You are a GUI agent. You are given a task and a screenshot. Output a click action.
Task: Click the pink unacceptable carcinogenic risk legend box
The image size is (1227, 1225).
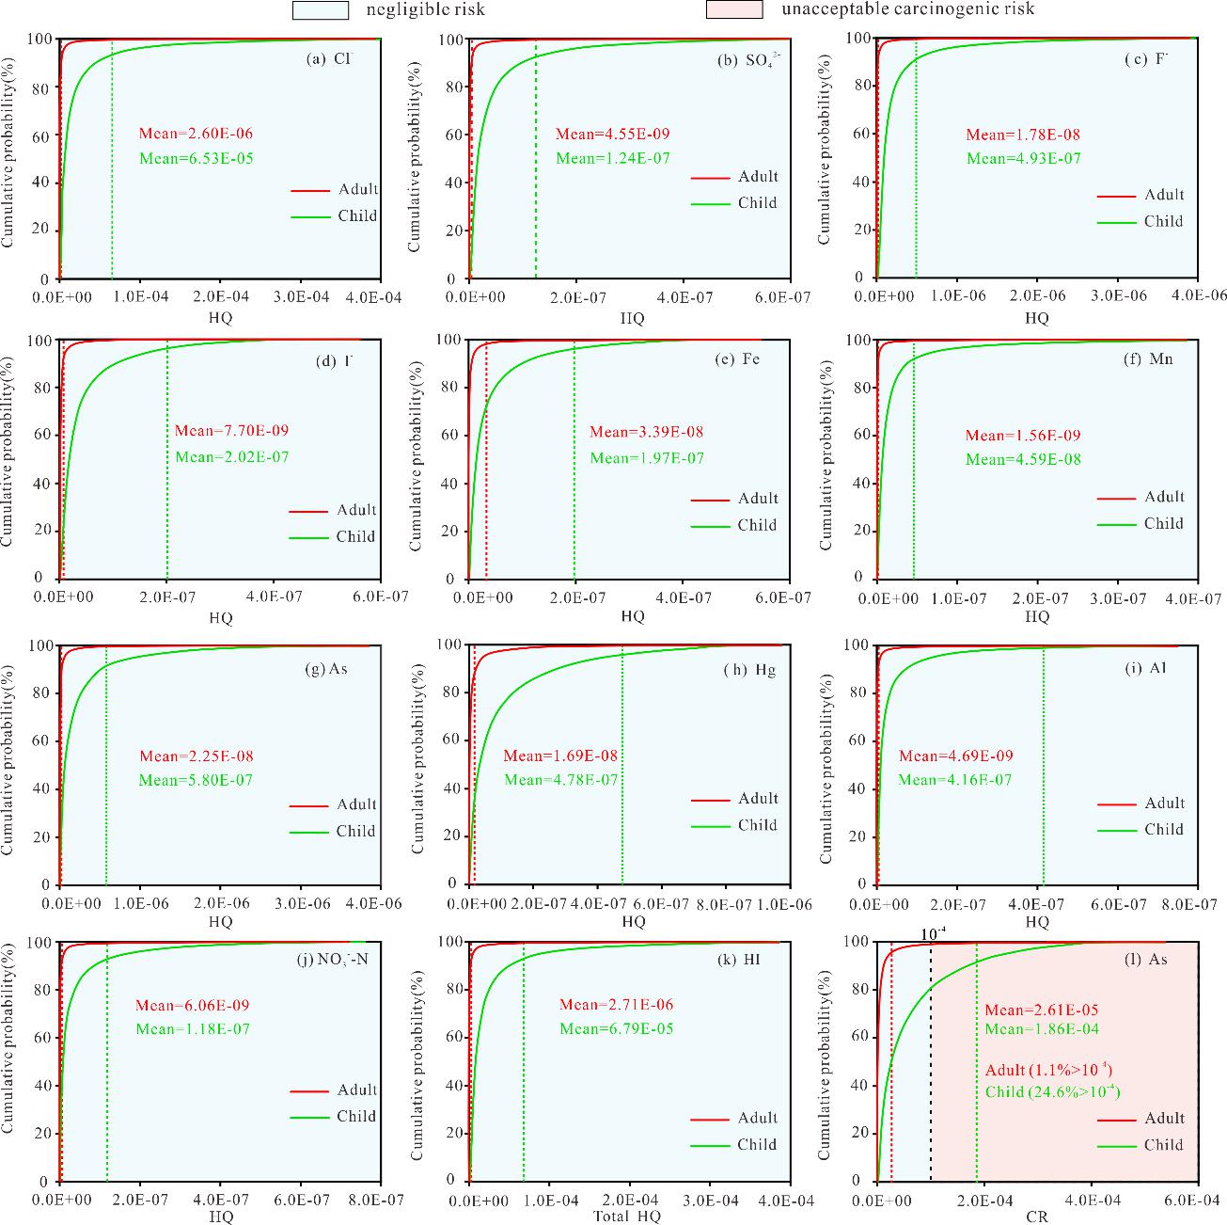(x=733, y=9)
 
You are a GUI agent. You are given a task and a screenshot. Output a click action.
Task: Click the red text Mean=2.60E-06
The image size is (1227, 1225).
(x=196, y=134)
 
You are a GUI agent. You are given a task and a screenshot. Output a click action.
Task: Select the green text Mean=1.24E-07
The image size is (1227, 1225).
(x=612, y=158)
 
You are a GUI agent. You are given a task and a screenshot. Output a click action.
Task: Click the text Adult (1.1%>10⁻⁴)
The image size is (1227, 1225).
(x=1048, y=1070)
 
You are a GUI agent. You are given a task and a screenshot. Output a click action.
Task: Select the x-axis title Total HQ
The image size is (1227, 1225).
(x=627, y=1217)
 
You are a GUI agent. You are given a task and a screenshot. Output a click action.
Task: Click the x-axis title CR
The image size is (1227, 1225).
(x=1037, y=1217)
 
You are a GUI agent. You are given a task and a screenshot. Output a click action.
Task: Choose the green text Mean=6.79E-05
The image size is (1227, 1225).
(x=616, y=1028)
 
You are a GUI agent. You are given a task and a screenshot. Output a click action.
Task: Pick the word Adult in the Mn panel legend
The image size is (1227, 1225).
(x=1163, y=497)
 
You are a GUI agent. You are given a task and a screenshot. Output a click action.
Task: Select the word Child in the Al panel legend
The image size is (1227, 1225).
(x=1163, y=829)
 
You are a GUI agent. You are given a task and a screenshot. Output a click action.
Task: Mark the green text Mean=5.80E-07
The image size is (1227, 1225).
(x=196, y=780)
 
